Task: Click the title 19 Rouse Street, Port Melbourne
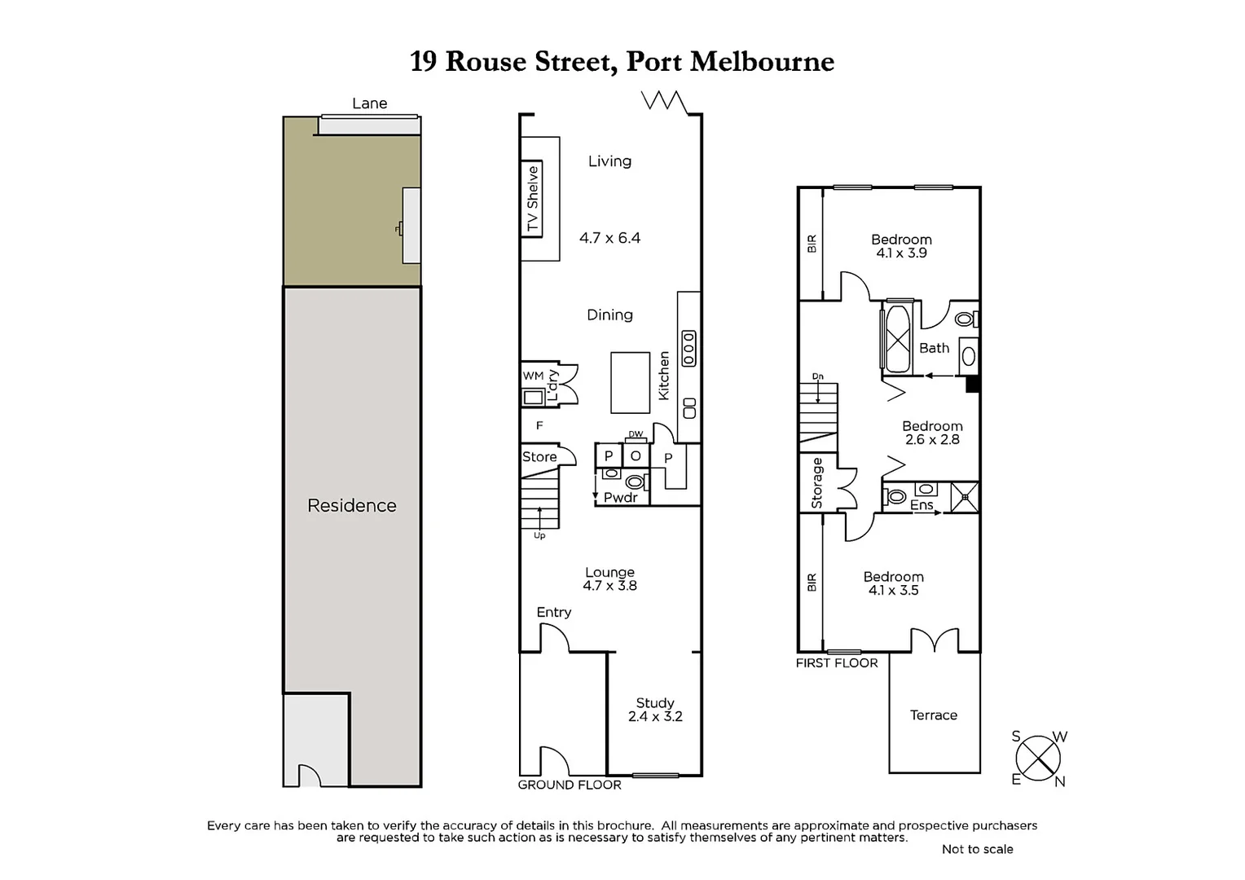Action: tap(622, 62)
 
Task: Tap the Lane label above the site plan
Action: tap(369, 103)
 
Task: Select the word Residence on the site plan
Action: tap(351, 505)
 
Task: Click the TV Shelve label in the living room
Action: tap(532, 199)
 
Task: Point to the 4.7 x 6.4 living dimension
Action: tap(609, 238)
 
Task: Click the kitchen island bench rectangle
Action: tap(630, 382)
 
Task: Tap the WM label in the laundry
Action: tap(533, 376)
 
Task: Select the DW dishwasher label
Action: tap(636, 434)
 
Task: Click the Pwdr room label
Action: tap(620, 497)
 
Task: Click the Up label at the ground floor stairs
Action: tap(539, 535)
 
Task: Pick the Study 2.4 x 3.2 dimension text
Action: tap(655, 717)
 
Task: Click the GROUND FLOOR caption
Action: tap(570, 785)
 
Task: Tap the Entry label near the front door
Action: tap(553, 612)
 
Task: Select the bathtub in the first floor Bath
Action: tap(900, 337)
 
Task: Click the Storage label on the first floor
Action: tap(817, 483)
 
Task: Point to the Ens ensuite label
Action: tap(921, 505)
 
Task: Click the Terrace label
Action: tap(933, 715)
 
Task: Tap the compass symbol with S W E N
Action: tap(1038, 758)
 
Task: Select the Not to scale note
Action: tap(977, 849)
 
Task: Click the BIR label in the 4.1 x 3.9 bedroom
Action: tap(811, 244)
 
